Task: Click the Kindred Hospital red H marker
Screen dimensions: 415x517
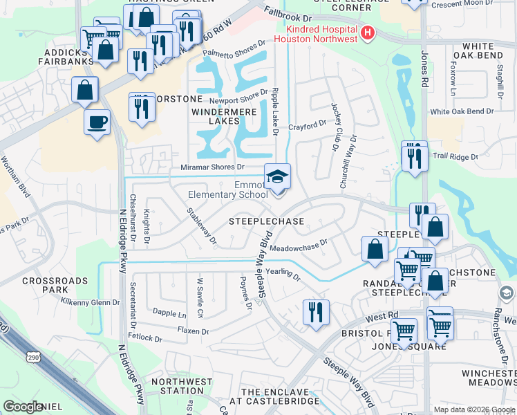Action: coord(367,32)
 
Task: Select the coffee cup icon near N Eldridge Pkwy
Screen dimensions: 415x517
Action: coord(97,122)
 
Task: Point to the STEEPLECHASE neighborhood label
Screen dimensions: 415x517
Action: coord(266,221)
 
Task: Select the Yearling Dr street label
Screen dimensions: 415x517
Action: coord(283,275)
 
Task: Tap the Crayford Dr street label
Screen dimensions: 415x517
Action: coord(307,125)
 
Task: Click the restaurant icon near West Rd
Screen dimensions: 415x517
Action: coord(316,311)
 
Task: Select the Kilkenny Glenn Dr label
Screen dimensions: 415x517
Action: coord(91,302)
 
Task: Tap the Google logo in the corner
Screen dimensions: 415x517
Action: coord(23,406)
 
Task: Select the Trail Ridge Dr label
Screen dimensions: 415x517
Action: coord(455,157)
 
